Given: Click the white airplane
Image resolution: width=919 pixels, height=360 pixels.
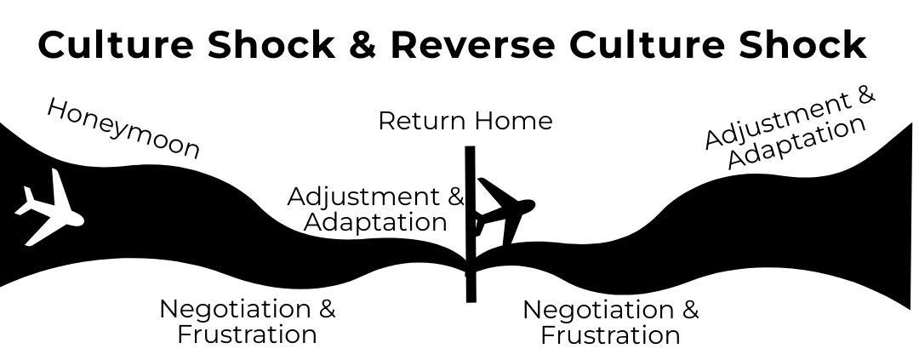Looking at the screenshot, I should click(x=50, y=208).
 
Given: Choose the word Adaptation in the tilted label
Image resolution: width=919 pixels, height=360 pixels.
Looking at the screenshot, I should click(x=797, y=142).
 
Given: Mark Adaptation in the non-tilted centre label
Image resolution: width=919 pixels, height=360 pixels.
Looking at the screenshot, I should click(x=375, y=222).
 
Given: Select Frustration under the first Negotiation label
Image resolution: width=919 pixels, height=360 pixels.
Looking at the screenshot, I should click(x=247, y=334).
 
